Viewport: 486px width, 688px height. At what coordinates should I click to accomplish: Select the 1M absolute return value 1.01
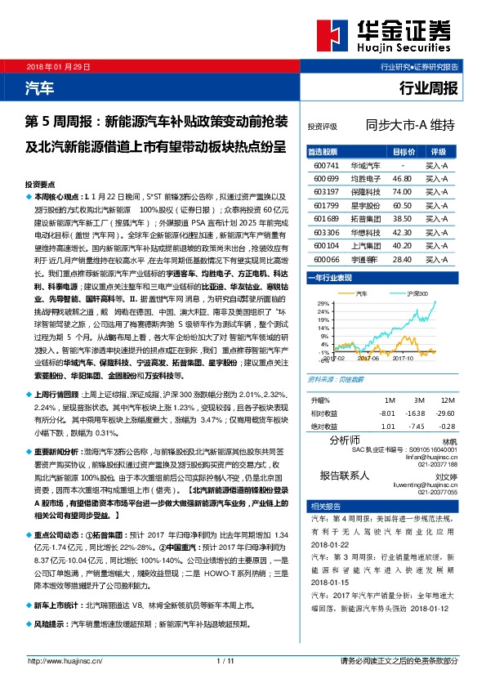coord(390,425)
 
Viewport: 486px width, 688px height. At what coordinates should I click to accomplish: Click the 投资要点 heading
coord(40,185)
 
